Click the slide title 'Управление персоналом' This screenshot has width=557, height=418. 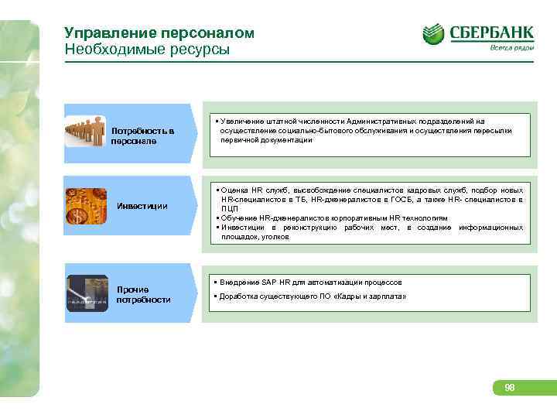click(x=159, y=34)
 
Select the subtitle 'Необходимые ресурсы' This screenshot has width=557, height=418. click(x=147, y=50)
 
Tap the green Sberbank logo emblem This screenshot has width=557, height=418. click(x=433, y=34)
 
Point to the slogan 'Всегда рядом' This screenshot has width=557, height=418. click(x=511, y=48)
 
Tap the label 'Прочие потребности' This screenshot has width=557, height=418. click(x=143, y=294)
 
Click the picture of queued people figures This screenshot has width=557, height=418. click(x=85, y=132)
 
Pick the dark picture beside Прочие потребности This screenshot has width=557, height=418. click(x=87, y=293)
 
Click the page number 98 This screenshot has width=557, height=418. click(x=510, y=388)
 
